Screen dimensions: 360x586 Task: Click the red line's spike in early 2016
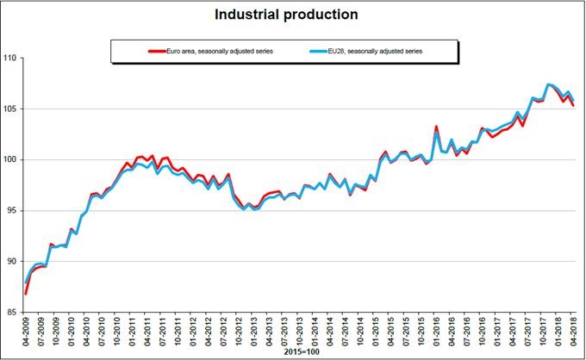436,127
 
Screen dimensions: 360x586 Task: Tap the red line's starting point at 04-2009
26,294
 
